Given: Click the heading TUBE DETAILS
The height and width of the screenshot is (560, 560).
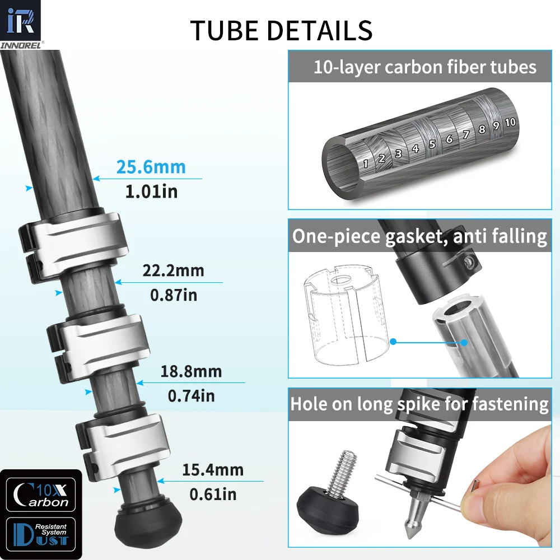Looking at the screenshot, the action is tap(282, 30).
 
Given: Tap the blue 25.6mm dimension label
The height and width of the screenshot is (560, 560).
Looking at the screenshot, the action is tap(151, 167).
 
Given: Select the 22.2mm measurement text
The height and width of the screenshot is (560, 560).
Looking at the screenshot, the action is tap(173, 270).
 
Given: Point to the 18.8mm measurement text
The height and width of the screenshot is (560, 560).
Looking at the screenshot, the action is tap(191, 371).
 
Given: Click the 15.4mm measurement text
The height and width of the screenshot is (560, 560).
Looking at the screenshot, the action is tap(213, 470).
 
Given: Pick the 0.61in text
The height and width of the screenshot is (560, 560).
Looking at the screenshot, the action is tap(213, 494).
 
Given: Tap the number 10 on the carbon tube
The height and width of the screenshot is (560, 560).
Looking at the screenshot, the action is tap(510, 122).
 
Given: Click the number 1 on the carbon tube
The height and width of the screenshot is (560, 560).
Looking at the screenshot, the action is tap(365, 164).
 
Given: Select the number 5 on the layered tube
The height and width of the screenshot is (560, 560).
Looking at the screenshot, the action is tap(432, 144).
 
